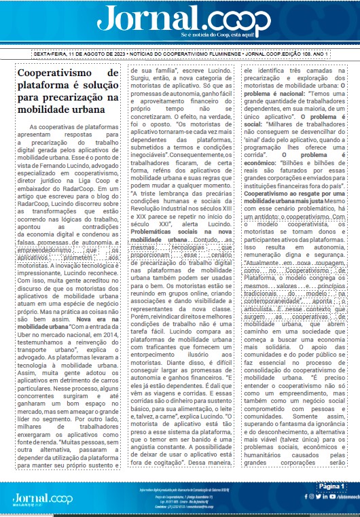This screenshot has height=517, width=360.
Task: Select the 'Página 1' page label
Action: pos(332,486)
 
